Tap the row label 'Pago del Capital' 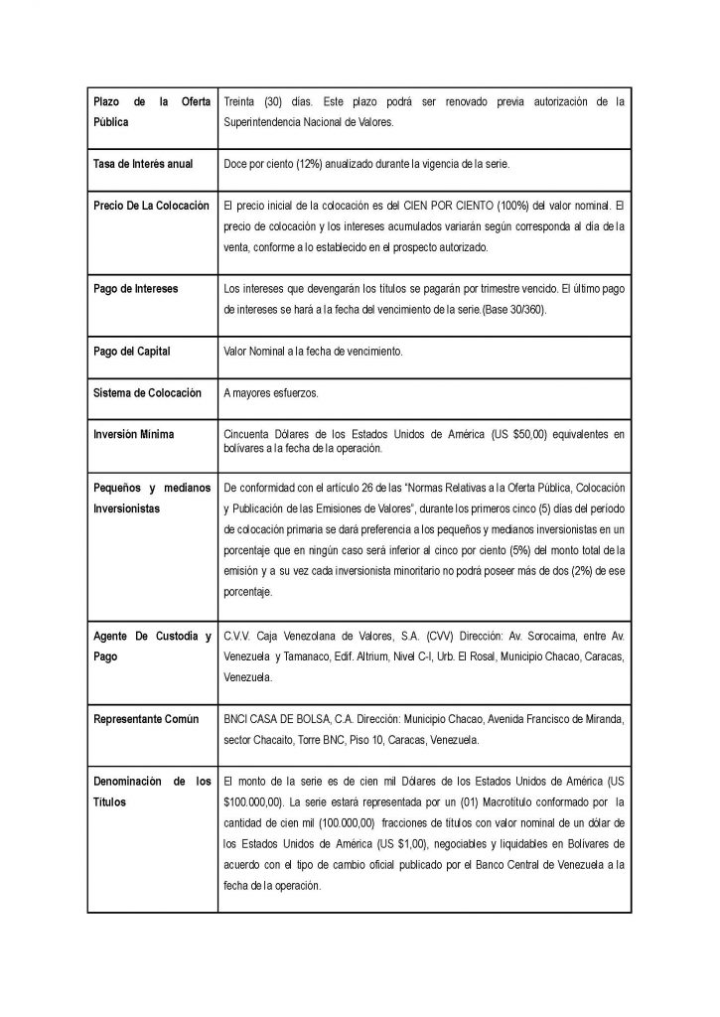pos(133,352)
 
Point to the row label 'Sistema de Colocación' pos(147,393)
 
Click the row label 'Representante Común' pos(145,718)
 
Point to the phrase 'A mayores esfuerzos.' pos(271,393)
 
